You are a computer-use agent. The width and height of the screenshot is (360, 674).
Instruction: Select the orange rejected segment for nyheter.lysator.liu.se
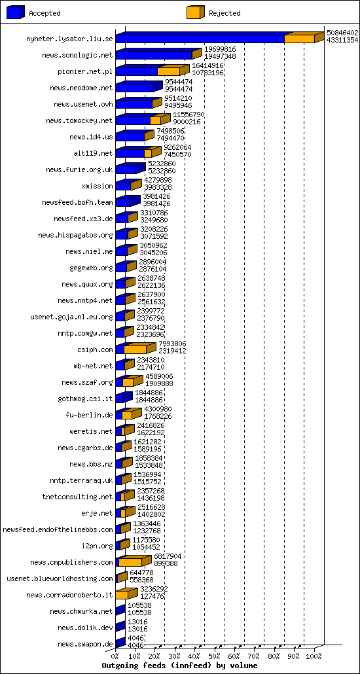click(x=299, y=39)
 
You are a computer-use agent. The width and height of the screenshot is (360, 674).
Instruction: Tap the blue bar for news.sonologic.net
click(x=153, y=55)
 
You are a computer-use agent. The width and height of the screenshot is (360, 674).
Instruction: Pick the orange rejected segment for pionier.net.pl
click(x=168, y=71)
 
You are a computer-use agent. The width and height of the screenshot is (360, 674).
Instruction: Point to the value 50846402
click(x=342, y=32)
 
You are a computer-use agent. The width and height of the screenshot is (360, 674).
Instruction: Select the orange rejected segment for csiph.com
click(x=135, y=349)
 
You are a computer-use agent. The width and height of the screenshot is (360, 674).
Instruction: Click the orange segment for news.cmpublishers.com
click(x=130, y=562)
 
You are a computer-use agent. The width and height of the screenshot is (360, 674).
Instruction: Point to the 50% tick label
click(x=213, y=656)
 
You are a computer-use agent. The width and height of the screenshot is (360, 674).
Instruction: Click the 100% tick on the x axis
click(x=314, y=656)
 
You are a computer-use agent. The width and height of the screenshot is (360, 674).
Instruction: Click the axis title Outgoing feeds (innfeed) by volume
click(x=179, y=665)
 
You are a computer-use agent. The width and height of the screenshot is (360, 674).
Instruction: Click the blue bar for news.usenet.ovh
click(x=134, y=104)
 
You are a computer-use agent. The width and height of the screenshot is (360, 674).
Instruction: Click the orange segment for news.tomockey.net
click(x=154, y=120)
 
